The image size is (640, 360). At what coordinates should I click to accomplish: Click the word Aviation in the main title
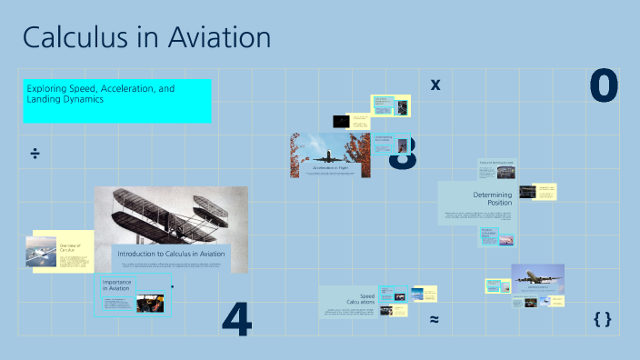(x=215, y=38)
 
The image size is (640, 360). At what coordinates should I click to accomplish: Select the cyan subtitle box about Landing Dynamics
(x=117, y=101)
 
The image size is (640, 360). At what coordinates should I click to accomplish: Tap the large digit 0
(x=604, y=86)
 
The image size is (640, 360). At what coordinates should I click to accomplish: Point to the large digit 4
(x=236, y=318)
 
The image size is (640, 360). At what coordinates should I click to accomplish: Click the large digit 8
(x=402, y=154)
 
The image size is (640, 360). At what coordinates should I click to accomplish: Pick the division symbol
(x=35, y=153)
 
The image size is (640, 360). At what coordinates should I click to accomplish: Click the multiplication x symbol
(x=435, y=85)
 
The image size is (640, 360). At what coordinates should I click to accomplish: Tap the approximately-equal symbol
(x=435, y=319)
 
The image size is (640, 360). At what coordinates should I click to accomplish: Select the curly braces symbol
(x=601, y=319)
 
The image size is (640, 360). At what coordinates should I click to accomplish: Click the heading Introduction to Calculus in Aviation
(x=171, y=254)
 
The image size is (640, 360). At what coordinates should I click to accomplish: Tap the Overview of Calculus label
(x=70, y=247)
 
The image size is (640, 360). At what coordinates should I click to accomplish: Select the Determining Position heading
(x=493, y=198)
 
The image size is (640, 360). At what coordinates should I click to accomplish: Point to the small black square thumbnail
(x=341, y=121)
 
